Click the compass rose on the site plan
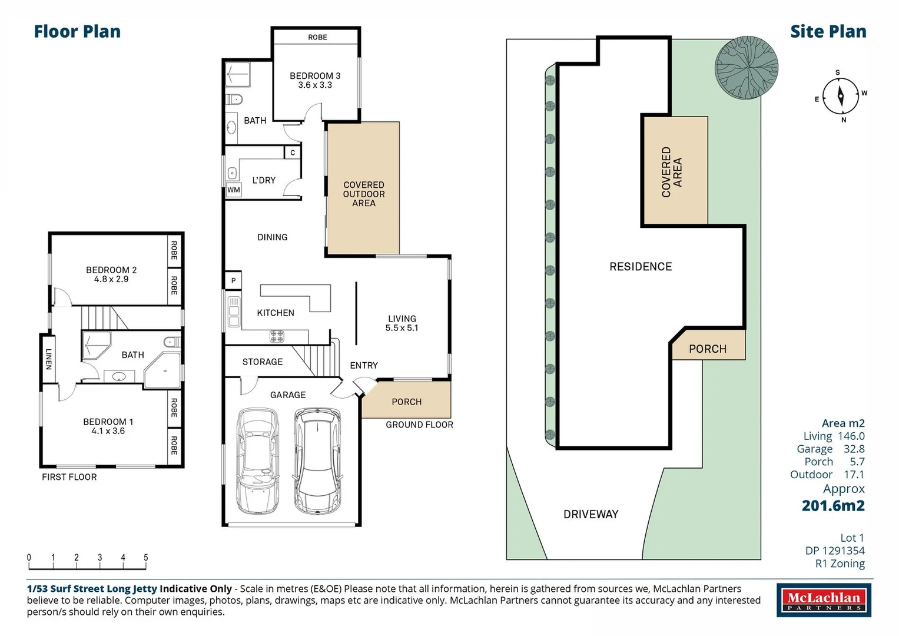[x=840, y=96]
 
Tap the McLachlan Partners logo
[x=824, y=600]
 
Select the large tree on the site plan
[x=746, y=68]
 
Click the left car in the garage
[x=257, y=461]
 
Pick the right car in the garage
[x=317, y=461]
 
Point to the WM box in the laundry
[x=234, y=190]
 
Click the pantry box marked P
[x=233, y=280]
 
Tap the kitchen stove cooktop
[x=277, y=336]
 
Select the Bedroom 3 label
[x=315, y=76]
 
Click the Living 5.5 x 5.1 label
[x=402, y=323]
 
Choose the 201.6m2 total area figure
[x=833, y=506]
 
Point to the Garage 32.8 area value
[x=854, y=449]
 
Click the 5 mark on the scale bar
[x=145, y=558]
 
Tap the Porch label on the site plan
[x=708, y=349]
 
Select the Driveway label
[x=591, y=514]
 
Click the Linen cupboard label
[x=48, y=359]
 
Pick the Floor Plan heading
[x=77, y=32]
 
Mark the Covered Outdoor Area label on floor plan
[x=364, y=194]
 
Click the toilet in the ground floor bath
[x=234, y=99]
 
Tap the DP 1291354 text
[x=835, y=551]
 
